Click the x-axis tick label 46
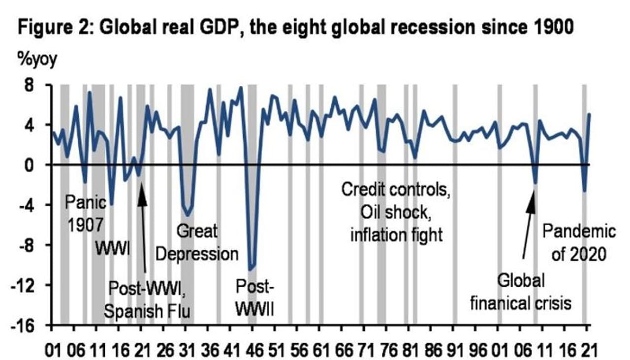(x=252, y=350)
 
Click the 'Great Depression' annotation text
(x=197, y=242)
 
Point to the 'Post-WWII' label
(x=254, y=296)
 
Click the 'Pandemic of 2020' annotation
(x=579, y=242)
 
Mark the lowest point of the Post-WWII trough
(x=251, y=269)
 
